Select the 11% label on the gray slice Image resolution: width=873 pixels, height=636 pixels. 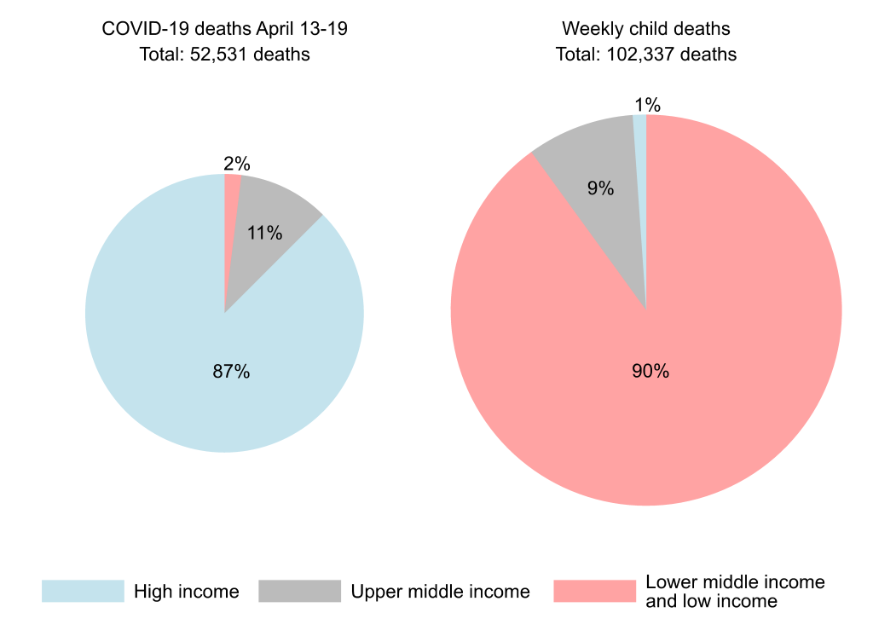pyautogui.click(x=264, y=232)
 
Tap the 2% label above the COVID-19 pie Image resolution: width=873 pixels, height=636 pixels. pyautogui.click(x=236, y=165)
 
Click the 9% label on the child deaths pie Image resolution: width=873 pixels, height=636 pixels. pyautogui.click(x=600, y=188)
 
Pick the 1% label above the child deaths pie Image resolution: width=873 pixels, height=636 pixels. pyautogui.click(x=647, y=105)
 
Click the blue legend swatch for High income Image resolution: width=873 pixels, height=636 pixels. pyautogui.click(x=83, y=591)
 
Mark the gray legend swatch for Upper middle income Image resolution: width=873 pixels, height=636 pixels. pyautogui.click(x=299, y=591)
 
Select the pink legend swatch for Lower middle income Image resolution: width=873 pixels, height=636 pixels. pyautogui.click(x=594, y=591)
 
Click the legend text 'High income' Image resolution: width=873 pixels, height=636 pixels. pyautogui.click(x=186, y=591)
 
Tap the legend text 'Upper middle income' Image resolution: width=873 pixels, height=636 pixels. pyautogui.click(x=440, y=591)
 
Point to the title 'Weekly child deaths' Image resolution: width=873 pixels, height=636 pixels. pyautogui.click(x=645, y=29)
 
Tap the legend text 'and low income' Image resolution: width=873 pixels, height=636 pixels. pyautogui.click(x=711, y=601)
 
